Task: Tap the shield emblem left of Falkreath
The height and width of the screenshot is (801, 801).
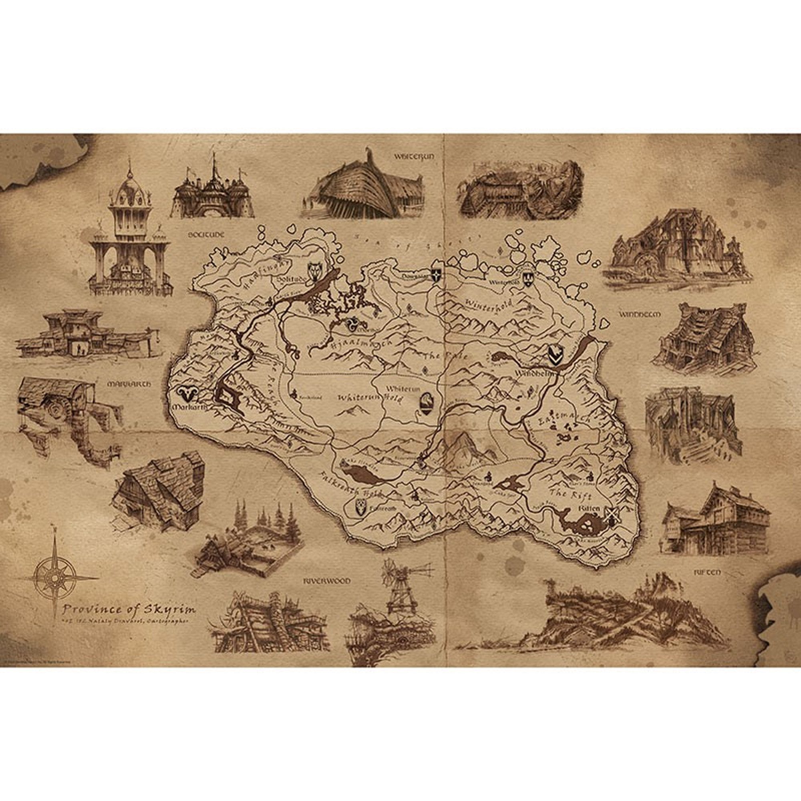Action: point(361,508)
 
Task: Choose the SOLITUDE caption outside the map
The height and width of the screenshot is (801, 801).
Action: point(205,235)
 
